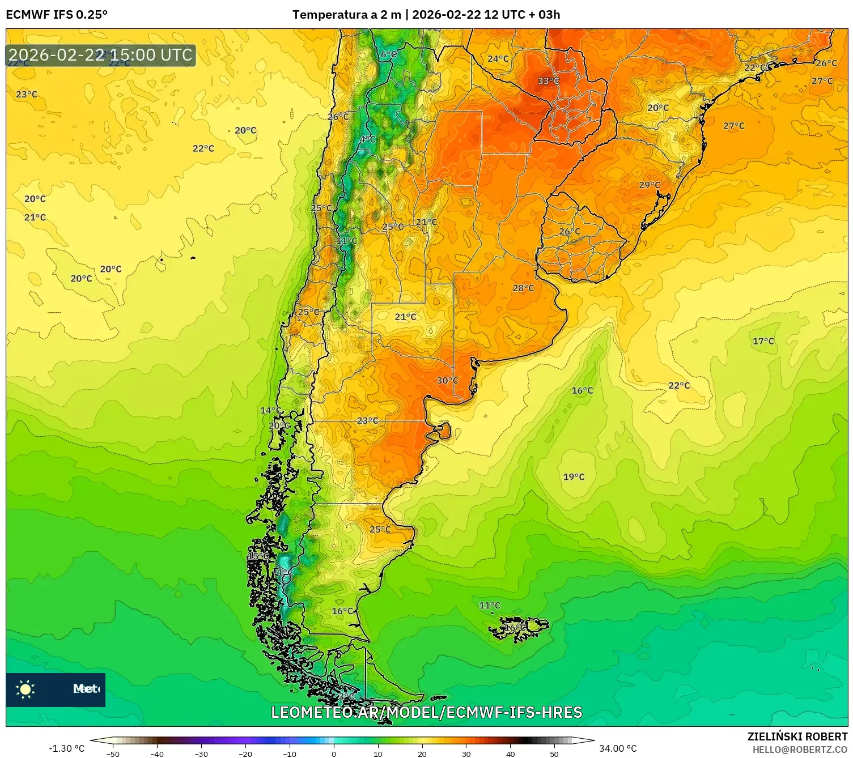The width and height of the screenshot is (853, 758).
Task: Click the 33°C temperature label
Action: (x=548, y=81)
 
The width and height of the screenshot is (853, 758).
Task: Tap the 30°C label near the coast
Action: (x=447, y=381)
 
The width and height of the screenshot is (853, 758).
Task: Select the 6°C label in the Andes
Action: (x=388, y=54)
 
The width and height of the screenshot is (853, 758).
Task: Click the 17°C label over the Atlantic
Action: (x=763, y=341)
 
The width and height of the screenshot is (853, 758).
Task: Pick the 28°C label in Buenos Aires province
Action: (x=523, y=288)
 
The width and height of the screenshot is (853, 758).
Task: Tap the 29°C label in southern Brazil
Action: (x=650, y=185)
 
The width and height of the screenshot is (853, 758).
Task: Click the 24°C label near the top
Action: (x=498, y=59)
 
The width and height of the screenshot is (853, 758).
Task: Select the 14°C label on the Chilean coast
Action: (x=270, y=411)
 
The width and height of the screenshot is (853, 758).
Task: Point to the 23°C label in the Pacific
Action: (x=27, y=94)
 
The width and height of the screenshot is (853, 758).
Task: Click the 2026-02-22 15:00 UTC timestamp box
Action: (x=101, y=55)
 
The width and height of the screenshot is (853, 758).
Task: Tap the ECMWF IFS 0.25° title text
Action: (x=57, y=15)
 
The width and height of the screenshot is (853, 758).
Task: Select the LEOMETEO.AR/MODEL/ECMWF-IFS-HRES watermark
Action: (x=426, y=712)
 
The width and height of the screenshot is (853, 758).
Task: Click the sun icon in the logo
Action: (x=26, y=689)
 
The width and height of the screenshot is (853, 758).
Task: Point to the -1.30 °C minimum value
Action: (x=66, y=748)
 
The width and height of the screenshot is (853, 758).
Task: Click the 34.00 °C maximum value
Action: (x=618, y=748)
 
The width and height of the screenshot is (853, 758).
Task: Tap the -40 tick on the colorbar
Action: (x=157, y=753)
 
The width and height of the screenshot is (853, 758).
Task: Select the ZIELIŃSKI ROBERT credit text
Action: (x=797, y=736)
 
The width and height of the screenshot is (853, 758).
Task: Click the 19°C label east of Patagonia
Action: (x=574, y=477)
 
